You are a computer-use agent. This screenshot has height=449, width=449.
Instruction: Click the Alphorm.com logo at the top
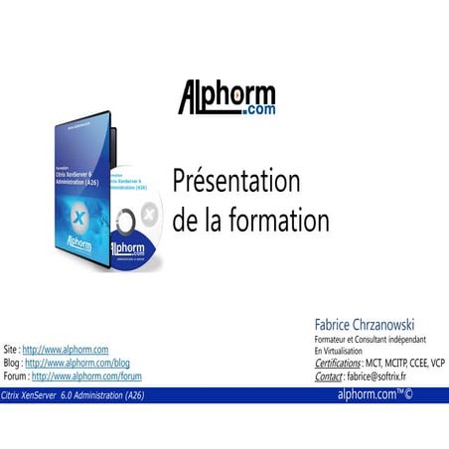coord(226,97)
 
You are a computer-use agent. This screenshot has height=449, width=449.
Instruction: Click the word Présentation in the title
coord(235,182)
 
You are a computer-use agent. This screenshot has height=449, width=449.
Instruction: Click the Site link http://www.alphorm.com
coord(66,351)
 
